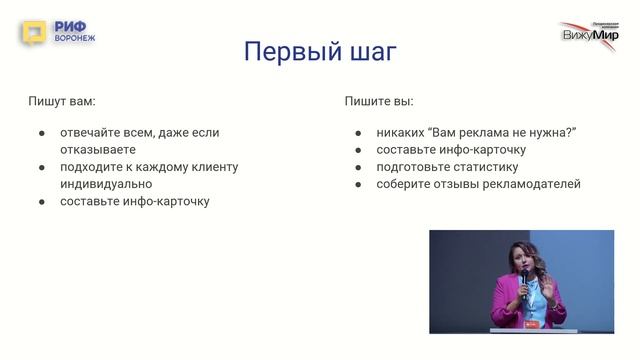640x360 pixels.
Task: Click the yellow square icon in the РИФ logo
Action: pos(34,33)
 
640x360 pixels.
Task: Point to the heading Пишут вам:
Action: pos(68,101)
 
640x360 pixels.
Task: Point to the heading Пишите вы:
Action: pos(379,101)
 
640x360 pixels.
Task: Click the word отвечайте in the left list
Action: pos(93,132)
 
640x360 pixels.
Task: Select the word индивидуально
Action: pos(106,183)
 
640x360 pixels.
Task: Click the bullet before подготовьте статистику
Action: pos(358,166)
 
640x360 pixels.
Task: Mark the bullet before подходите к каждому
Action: pos(41,166)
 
